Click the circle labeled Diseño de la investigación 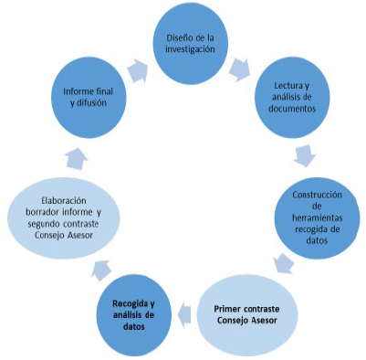190,44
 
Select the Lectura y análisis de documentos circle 292,98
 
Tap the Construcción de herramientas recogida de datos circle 318,218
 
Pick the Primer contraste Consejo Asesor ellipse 246,315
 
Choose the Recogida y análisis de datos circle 134,315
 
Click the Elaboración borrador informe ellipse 63,218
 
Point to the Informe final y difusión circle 89,98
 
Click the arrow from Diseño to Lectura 240,70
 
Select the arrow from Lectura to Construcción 305,156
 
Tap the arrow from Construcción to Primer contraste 284,264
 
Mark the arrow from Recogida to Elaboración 101,270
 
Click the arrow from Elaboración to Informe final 77,158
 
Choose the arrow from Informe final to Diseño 138,71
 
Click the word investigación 190,49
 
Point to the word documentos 292,109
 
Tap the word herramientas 318,218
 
